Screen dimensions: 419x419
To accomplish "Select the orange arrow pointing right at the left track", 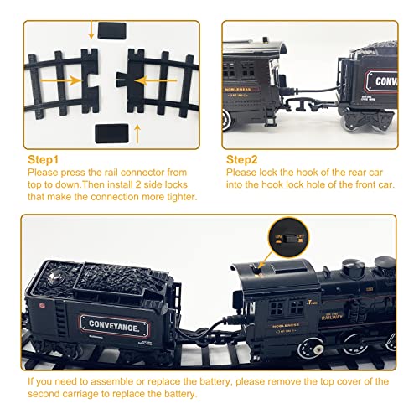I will tap(63, 82).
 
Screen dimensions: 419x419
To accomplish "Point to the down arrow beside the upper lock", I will tap(91, 29).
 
